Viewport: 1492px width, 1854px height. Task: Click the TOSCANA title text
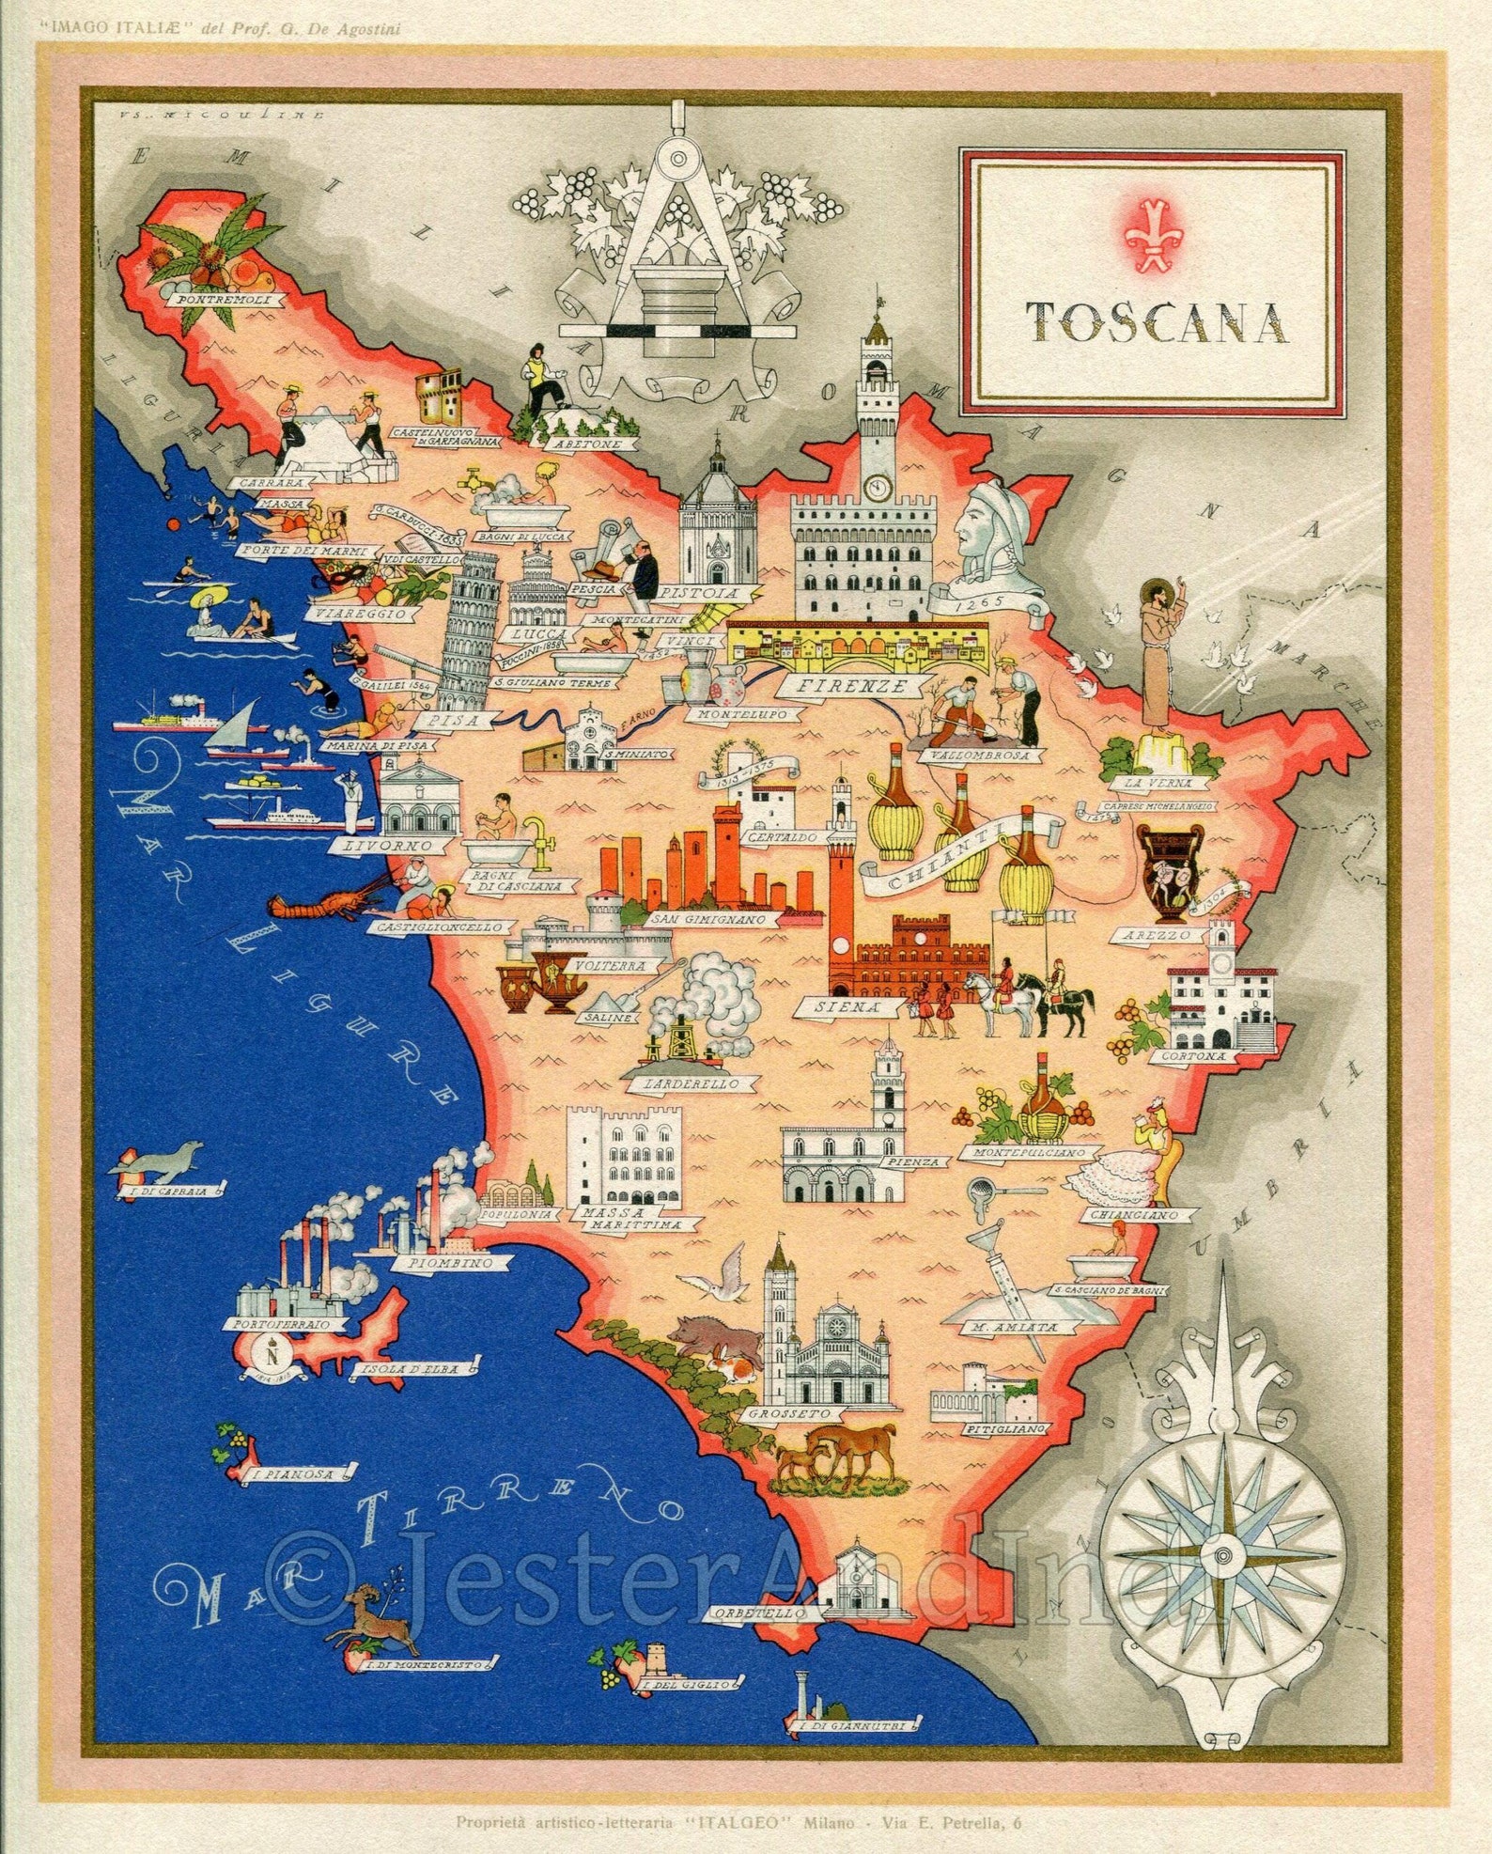coord(1155,322)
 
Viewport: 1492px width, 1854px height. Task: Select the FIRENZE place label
coord(840,686)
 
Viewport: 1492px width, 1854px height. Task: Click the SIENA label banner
coord(853,1006)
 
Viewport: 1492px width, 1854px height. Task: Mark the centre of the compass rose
coord(1223,1550)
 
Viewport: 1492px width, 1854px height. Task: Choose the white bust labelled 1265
coord(994,536)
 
